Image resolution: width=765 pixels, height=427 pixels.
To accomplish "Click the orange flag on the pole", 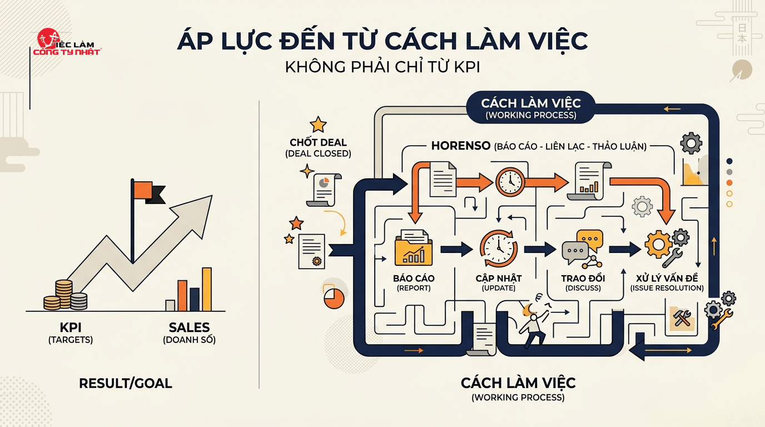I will pos(143,190).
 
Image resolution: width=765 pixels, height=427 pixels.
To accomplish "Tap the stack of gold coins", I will pos(64,295).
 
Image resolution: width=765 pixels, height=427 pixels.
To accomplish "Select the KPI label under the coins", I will pos(70,327).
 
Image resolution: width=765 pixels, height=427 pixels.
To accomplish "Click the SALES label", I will pos(190,327).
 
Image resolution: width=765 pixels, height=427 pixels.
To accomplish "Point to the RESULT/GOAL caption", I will pos(126,383).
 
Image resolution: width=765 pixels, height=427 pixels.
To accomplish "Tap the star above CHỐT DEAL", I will pos(318,124).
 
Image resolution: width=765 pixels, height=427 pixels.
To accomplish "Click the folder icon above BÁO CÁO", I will pos(413,249).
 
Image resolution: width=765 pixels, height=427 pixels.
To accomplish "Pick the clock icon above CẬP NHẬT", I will pos(499,249).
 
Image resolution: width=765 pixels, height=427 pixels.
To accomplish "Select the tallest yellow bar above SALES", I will pos(207,289).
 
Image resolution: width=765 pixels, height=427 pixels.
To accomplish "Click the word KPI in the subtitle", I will pos(467,68).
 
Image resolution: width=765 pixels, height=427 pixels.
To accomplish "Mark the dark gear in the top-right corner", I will pos(691,143).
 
